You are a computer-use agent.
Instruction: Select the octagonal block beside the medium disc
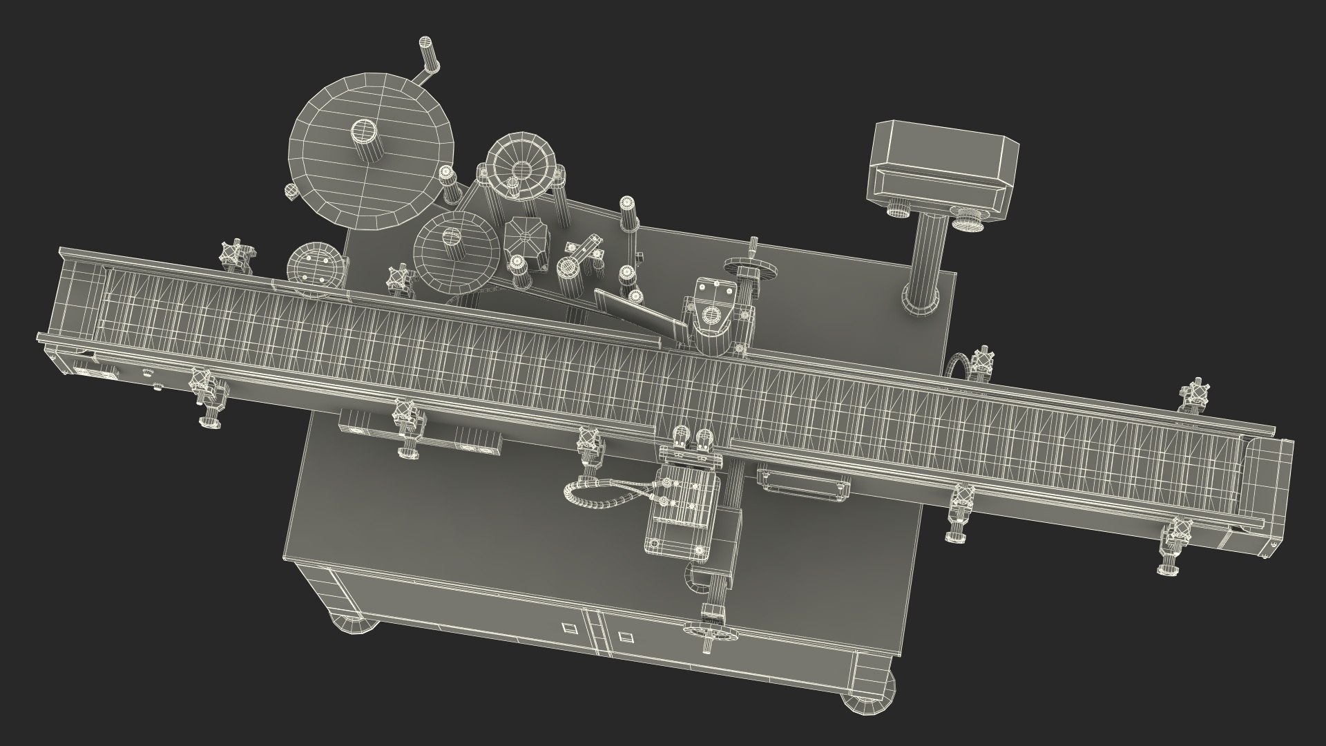[x=526, y=240]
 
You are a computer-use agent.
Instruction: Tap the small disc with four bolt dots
[x=315, y=265]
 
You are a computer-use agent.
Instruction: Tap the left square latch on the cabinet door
[x=570, y=629]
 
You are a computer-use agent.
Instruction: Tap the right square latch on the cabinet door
[x=625, y=636]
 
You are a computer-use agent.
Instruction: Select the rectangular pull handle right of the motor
[x=803, y=481]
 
